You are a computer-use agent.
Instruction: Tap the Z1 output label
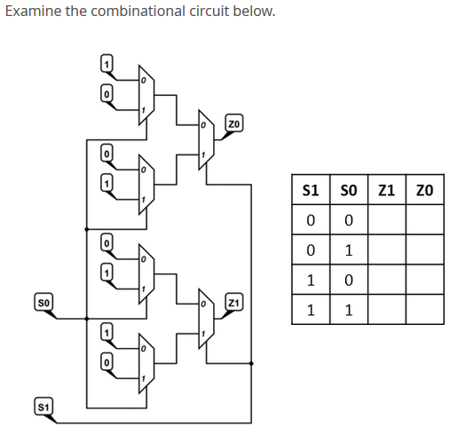(233, 304)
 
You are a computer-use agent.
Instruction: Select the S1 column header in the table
(311, 189)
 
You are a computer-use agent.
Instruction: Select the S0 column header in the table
(348, 189)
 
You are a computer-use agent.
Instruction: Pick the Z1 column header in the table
(386, 189)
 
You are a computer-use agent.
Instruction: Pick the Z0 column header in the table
(424, 189)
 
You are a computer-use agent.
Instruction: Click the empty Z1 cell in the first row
(386, 219)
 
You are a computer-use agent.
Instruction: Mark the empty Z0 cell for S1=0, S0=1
(424, 249)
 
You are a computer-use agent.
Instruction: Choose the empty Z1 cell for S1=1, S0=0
(386, 280)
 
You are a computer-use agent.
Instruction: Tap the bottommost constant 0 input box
(107, 362)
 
